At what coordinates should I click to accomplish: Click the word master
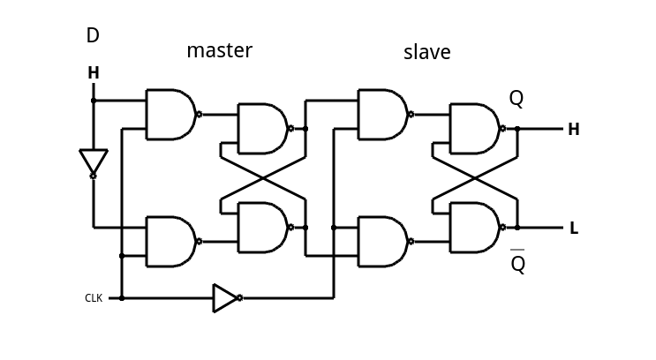coord(219,51)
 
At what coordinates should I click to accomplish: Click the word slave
coord(426,53)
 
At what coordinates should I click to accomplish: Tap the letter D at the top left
coord(93,36)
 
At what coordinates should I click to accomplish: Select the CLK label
coord(94,298)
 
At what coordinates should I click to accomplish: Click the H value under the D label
coord(94,73)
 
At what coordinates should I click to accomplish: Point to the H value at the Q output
coord(573,130)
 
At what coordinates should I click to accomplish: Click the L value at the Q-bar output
coord(574,229)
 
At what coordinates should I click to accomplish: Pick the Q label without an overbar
coord(517,99)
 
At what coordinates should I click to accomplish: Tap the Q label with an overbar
coord(517,263)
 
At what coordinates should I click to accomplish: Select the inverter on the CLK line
coord(226,298)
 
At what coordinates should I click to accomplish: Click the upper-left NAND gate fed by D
coord(170,114)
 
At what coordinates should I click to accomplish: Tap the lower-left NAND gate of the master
coord(170,241)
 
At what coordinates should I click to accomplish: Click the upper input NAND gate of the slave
coord(382,114)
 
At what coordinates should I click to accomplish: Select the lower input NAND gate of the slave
coord(382,241)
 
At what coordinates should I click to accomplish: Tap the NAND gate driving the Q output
coord(475,129)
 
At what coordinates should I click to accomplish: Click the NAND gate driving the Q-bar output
coord(475,228)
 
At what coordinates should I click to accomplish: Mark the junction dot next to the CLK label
coord(122,298)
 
